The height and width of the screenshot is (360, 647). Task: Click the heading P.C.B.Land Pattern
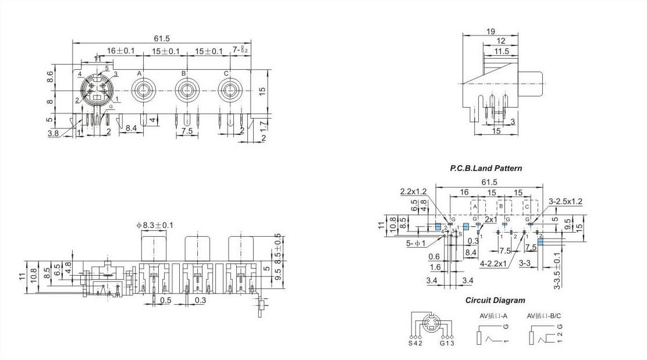coord(486,168)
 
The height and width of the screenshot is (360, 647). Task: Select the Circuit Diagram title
coord(495,301)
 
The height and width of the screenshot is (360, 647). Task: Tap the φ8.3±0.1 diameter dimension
coord(155,225)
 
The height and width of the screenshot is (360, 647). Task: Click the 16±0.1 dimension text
coord(120,51)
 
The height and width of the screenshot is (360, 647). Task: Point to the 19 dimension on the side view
coord(490,32)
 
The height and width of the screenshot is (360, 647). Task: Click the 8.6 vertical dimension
coord(51,76)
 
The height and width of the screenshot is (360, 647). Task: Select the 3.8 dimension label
coord(52,133)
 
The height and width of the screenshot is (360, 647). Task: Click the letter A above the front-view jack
coord(139,73)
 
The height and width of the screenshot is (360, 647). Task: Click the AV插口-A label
coord(493,316)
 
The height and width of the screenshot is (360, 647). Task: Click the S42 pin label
coord(413,343)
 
